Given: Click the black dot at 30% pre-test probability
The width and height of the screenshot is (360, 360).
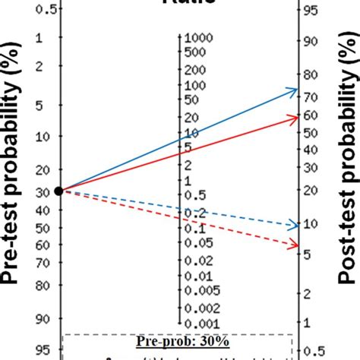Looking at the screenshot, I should tap(59, 190).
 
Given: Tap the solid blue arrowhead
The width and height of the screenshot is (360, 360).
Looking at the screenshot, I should tap(292, 90).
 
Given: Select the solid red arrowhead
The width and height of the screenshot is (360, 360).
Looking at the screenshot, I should tap(292, 117).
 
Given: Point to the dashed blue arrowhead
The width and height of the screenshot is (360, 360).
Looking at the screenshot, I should tap(292, 225).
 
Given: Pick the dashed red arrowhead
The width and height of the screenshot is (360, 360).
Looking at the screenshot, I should tap(292, 244).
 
